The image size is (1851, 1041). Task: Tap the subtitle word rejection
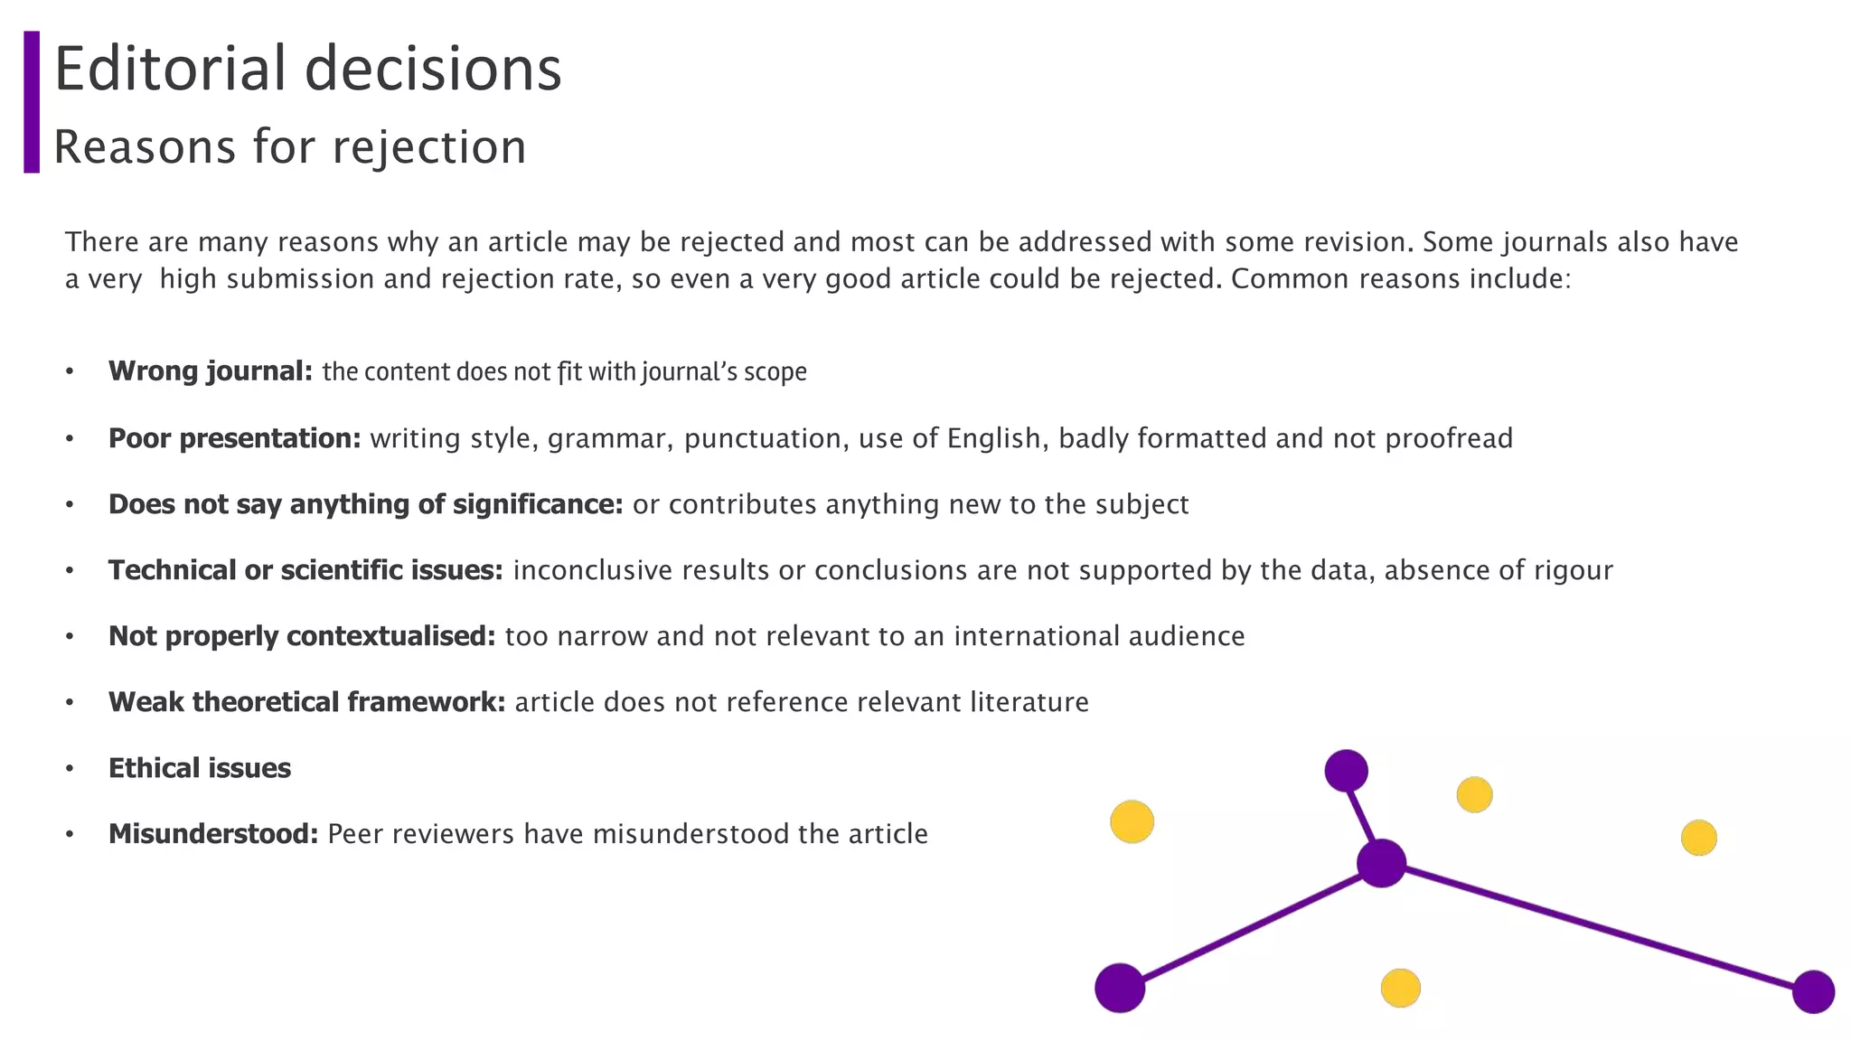pyautogui.click(x=429, y=147)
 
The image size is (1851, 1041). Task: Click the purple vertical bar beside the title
pyautogui.click(x=32, y=102)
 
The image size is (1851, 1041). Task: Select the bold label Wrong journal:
pyautogui.click(x=211, y=371)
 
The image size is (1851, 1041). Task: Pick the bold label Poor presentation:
pyautogui.click(x=234, y=438)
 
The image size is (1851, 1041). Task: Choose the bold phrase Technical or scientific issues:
pyautogui.click(x=305, y=570)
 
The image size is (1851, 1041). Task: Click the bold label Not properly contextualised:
pyautogui.click(x=302, y=636)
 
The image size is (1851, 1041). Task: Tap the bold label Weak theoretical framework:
pyautogui.click(x=306, y=702)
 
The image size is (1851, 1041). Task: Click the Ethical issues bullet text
pyautogui.click(x=200, y=768)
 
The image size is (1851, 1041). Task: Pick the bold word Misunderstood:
pyautogui.click(x=213, y=834)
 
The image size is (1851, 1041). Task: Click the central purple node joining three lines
pyautogui.click(x=1381, y=863)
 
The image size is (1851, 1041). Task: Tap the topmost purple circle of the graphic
pyautogui.click(x=1346, y=771)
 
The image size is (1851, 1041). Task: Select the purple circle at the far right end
pyautogui.click(x=1813, y=992)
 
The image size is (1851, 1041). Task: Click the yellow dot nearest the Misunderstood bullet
pyautogui.click(x=1132, y=821)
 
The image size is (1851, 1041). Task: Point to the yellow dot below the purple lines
pyautogui.click(x=1400, y=988)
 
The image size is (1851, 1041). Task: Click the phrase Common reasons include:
pyautogui.click(x=1401, y=279)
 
